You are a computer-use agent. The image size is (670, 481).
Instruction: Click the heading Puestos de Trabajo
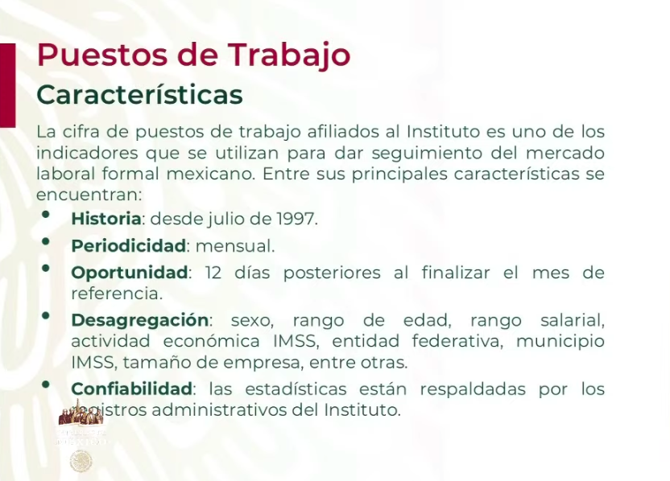point(193,55)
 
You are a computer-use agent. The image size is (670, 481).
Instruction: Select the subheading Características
point(139,94)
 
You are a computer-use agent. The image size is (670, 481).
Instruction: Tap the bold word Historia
point(106,218)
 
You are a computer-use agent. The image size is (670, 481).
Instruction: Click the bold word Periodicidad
point(129,245)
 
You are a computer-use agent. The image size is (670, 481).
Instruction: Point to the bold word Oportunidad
point(130,273)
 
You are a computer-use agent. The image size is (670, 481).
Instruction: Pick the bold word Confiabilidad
point(132,389)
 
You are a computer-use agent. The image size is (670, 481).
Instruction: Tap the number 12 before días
point(213,273)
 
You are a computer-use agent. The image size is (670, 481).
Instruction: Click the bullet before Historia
point(46,215)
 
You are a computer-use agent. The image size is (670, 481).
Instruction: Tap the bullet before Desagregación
point(46,317)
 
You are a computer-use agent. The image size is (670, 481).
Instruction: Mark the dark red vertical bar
point(7,84)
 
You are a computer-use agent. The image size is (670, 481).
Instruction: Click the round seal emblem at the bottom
point(81,461)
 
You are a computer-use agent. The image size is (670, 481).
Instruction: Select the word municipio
point(560,341)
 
